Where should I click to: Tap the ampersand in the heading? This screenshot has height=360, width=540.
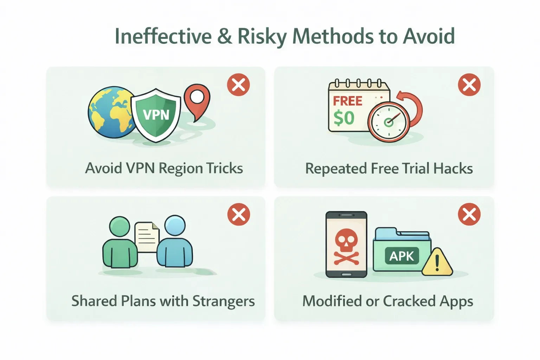[225, 36]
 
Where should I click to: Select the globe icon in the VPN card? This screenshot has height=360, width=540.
[111, 112]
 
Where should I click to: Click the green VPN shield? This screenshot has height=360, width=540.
[156, 115]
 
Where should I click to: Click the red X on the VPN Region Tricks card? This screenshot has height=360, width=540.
[238, 85]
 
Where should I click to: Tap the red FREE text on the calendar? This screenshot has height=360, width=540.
[348, 101]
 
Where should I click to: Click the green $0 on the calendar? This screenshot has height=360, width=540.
[344, 118]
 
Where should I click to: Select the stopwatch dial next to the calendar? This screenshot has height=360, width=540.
[388, 122]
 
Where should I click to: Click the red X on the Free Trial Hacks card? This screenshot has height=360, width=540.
[469, 85]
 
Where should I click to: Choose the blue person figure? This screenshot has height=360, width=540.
[175, 241]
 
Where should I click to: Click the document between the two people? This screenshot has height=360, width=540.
[147, 237]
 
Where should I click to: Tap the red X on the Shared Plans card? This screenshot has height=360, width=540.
[239, 214]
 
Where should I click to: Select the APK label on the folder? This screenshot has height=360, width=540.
[402, 256]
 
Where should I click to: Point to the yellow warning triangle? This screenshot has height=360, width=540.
[437, 263]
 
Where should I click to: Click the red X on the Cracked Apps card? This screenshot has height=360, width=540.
[469, 214]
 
